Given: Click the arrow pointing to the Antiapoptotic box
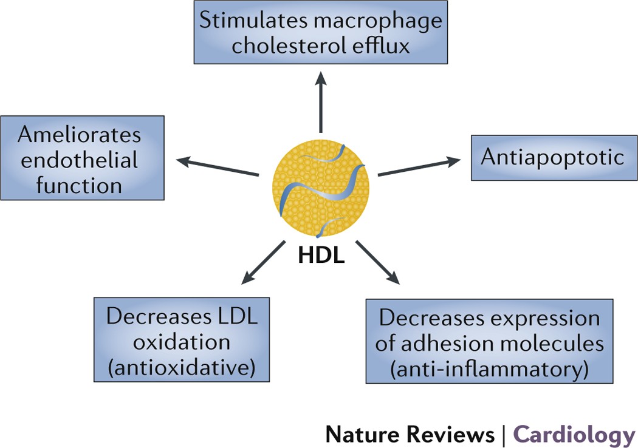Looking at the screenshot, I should pyautogui.click(x=419, y=168).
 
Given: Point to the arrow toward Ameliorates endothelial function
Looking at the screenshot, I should pyautogui.click(x=218, y=168).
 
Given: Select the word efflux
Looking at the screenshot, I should pyautogui.click(x=380, y=46).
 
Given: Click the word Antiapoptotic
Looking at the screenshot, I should pyautogui.click(x=552, y=158).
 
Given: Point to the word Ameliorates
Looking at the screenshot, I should pyautogui.click(x=79, y=134).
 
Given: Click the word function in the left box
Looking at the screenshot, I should pyautogui.click(x=79, y=185).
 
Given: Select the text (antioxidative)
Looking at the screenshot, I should pyautogui.click(x=181, y=367).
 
